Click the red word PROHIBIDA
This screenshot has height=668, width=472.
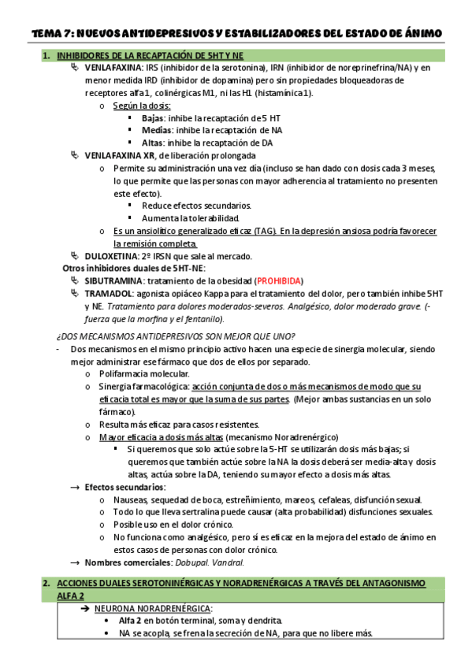click(x=279, y=281)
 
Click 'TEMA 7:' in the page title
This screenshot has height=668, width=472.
click(x=52, y=32)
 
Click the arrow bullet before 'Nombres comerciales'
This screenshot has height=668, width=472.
click(x=75, y=562)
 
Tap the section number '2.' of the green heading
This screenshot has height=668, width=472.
click(x=46, y=583)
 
